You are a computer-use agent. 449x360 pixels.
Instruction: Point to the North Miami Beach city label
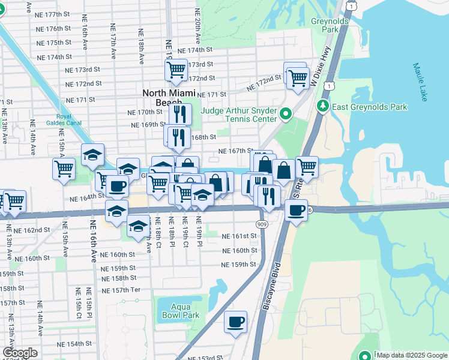[x=163, y=97]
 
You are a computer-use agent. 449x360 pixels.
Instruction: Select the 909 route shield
[x=264, y=223]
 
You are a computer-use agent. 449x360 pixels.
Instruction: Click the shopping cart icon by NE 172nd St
[x=297, y=78]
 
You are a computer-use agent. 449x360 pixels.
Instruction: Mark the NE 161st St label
[x=239, y=236]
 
